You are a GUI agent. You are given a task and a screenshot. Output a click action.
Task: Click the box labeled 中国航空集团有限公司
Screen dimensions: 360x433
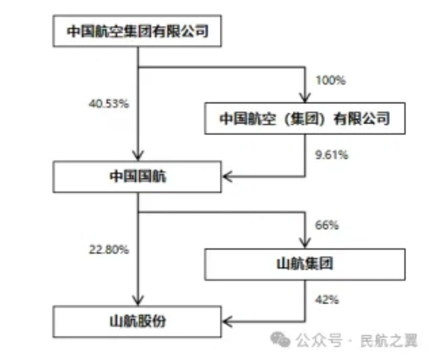pyautogui.click(x=138, y=31)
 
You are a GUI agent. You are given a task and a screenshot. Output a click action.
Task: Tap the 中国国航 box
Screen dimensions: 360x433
pyautogui.click(x=138, y=177)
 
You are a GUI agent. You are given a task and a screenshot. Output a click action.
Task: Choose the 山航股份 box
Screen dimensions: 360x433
pyautogui.click(x=138, y=322)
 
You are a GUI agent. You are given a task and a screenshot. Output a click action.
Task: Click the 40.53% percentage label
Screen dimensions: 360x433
pyautogui.click(x=109, y=103)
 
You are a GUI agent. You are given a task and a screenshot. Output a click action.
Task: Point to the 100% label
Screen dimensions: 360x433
pyautogui.click(x=330, y=80)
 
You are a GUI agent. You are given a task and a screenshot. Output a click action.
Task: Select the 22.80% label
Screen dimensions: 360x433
pyautogui.click(x=109, y=249)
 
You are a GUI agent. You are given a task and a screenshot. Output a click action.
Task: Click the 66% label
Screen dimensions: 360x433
pyautogui.click(x=327, y=226)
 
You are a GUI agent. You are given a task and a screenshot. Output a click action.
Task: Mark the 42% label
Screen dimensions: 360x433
pyautogui.click(x=327, y=298)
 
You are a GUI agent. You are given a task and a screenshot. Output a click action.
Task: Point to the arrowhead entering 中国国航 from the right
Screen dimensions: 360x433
pyautogui.click(x=229, y=177)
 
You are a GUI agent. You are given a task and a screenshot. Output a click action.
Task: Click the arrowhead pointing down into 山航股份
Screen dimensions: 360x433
pyautogui.click(x=138, y=300)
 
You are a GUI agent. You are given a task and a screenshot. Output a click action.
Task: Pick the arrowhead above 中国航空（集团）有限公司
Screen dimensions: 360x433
pyautogui.click(x=306, y=97)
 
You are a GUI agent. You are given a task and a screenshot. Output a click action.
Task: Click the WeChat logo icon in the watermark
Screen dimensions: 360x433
pyautogui.click(x=280, y=340)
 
